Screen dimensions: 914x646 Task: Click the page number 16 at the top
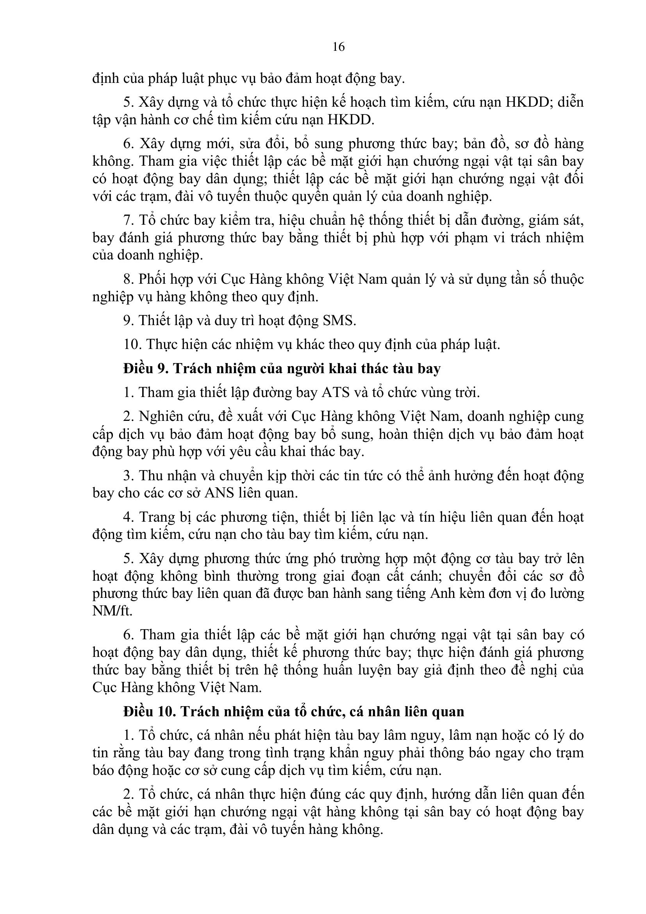(339, 47)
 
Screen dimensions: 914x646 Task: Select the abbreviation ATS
(334, 392)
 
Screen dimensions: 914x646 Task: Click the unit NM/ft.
(112, 611)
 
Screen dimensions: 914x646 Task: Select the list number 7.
(127, 220)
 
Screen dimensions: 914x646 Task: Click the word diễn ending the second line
(570, 102)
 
